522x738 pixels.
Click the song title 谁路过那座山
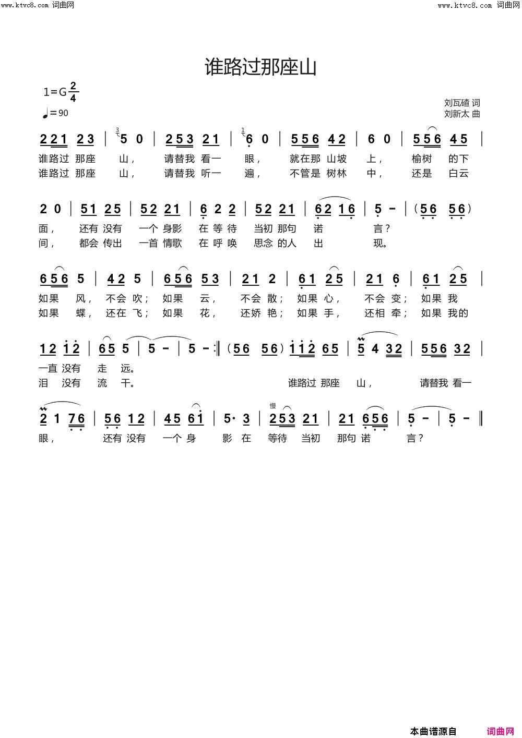pos(260,67)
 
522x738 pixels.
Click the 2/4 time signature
pos(73,92)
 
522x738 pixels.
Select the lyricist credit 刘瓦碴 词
pos(461,103)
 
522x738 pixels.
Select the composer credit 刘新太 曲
pos(461,114)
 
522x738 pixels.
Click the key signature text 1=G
pos(55,92)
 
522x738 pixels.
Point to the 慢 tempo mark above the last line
pos(272,405)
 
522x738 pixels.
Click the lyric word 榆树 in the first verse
pos(422,159)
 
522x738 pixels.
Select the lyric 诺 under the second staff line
pos(318,228)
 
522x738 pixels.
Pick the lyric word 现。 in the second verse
pos(380,243)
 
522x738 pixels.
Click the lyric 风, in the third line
pos(81,298)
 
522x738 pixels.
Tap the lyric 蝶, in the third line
pos(81,313)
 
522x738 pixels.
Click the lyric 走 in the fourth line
pos(102,368)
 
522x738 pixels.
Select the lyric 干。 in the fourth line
pos(127,383)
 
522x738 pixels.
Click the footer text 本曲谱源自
pos(433,731)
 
